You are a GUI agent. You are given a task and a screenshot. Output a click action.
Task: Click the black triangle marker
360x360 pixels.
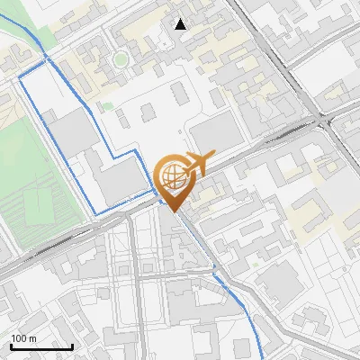tap(181, 24)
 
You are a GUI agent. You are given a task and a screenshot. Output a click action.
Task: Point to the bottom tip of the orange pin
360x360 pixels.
tap(172, 211)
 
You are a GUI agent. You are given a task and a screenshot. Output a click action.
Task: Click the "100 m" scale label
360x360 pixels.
tap(24, 337)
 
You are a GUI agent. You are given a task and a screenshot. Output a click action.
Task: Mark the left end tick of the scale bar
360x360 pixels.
tap(10, 345)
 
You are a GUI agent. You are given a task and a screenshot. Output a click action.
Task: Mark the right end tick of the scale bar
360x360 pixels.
tap(72, 345)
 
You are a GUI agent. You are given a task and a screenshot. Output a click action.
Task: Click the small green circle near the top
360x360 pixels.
tap(120, 60)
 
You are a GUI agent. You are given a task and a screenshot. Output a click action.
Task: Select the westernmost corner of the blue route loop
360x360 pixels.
tap(20, 78)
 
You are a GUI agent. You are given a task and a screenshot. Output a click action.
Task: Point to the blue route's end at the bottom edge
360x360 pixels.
tap(264, 358)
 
